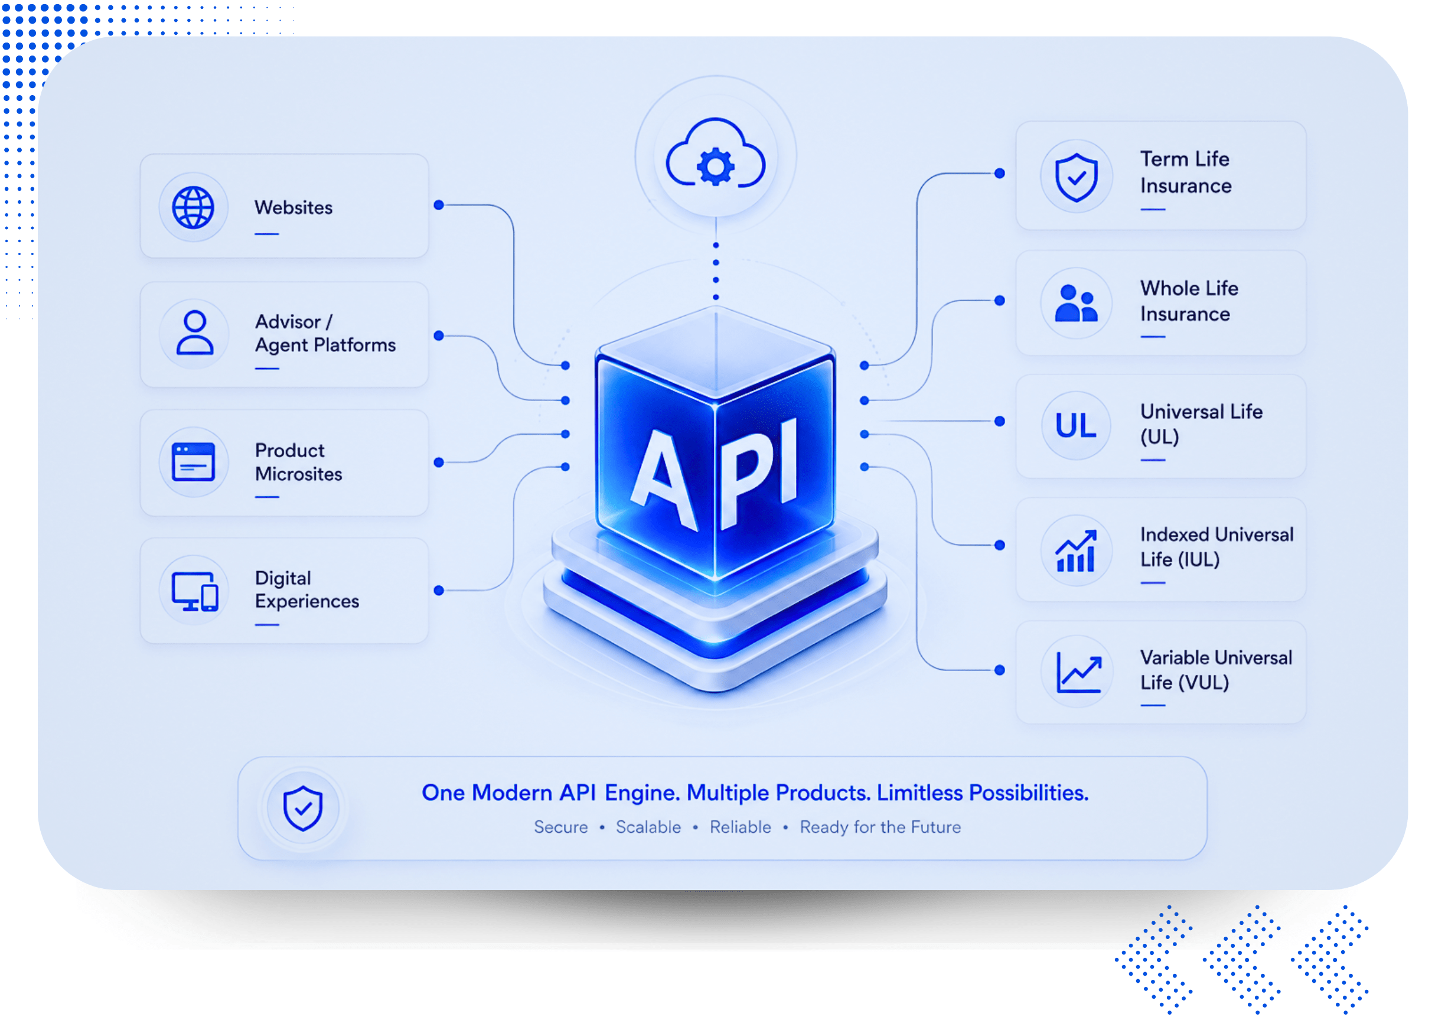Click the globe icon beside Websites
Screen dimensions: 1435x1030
(193, 207)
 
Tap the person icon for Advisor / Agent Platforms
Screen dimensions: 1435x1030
(194, 332)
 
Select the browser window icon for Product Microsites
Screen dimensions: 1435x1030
(193, 462)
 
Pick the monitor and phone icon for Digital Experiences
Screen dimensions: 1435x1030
(195, 592)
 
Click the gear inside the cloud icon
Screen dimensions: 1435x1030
(716, 167)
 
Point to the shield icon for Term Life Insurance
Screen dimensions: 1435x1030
(1076, 177)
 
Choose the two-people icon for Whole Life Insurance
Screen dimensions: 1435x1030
(1075, 303)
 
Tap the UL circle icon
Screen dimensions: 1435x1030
(1075, 425)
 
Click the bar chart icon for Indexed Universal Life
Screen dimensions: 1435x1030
(1075, 550)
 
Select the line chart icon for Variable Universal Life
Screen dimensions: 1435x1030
(1079, 673)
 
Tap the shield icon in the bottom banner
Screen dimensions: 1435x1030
(303, 808)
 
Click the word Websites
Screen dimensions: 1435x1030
(293, 207)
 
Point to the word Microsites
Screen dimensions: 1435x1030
(299, 474)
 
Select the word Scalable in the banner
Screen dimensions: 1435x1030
(648, 827)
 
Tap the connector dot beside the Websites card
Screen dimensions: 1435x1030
(438, 205)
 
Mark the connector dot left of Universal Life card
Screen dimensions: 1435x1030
(1000, 421)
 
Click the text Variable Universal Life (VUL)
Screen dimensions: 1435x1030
(1216, 670)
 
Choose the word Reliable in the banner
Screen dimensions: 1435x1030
(741, 827)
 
